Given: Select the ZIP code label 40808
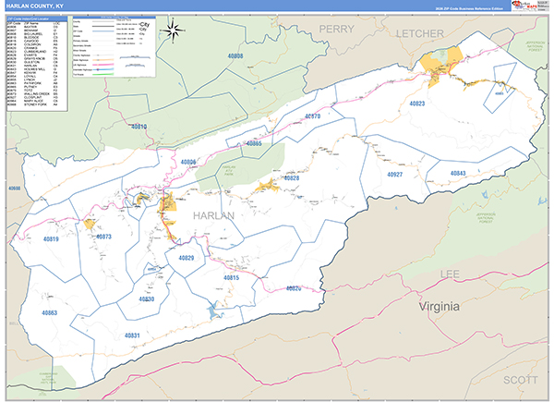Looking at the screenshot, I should click(235, 56).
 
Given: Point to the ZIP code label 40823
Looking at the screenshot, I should click(418, 104).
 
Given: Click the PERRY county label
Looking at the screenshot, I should click(337, 30).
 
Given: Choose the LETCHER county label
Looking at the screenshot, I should click(420, 32).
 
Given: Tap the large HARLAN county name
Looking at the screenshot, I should click(214, 214).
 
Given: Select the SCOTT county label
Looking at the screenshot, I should click(519, 380).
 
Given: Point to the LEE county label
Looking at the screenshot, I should click(450, 274).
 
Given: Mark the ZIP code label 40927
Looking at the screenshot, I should click(395, 174).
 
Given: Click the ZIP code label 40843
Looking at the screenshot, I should click(458, 174).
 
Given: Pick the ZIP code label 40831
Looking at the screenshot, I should click(132, 335).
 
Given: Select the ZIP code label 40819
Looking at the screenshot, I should click(50, 239).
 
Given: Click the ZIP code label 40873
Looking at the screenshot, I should click(102, 237).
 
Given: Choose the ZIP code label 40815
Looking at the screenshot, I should click(232, 277).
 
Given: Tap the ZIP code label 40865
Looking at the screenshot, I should click(254, 143).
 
